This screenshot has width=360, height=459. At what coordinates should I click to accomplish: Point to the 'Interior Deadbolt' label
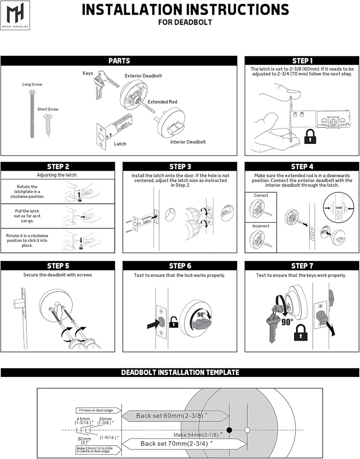point(188,142)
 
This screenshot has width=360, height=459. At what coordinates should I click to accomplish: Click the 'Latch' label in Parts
point(120,144)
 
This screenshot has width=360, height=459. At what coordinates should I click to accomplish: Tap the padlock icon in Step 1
point(309,137)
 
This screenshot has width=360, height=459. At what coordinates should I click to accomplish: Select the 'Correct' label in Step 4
point(261,195)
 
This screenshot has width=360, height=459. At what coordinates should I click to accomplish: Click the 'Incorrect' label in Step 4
point(261,226)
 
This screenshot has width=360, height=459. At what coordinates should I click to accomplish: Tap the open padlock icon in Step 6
point(173,322)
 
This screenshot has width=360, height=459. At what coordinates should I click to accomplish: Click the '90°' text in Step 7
point(287,321)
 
